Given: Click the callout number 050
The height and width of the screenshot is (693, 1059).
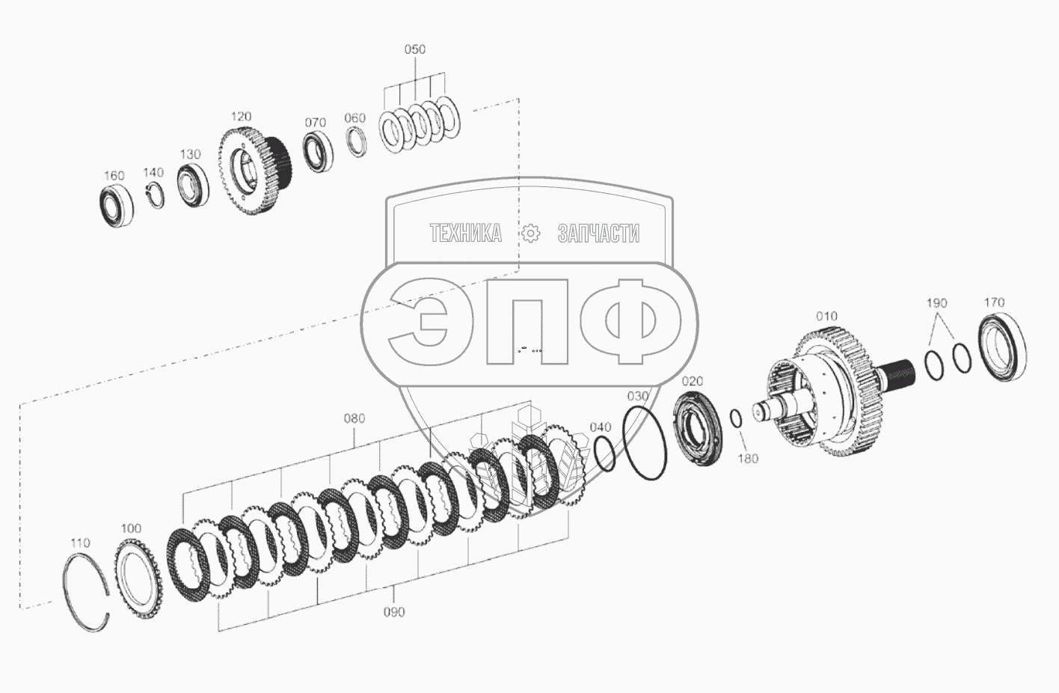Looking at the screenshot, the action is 414,49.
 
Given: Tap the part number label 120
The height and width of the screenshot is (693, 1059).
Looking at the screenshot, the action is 241,116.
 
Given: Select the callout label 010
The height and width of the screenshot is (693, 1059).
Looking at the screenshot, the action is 826,316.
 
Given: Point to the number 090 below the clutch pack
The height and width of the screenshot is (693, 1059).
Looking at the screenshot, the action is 394,612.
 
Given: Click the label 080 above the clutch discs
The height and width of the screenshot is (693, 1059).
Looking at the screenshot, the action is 354,418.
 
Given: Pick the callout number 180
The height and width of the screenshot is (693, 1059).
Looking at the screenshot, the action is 748,458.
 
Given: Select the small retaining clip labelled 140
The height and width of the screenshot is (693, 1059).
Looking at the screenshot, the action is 154,195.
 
